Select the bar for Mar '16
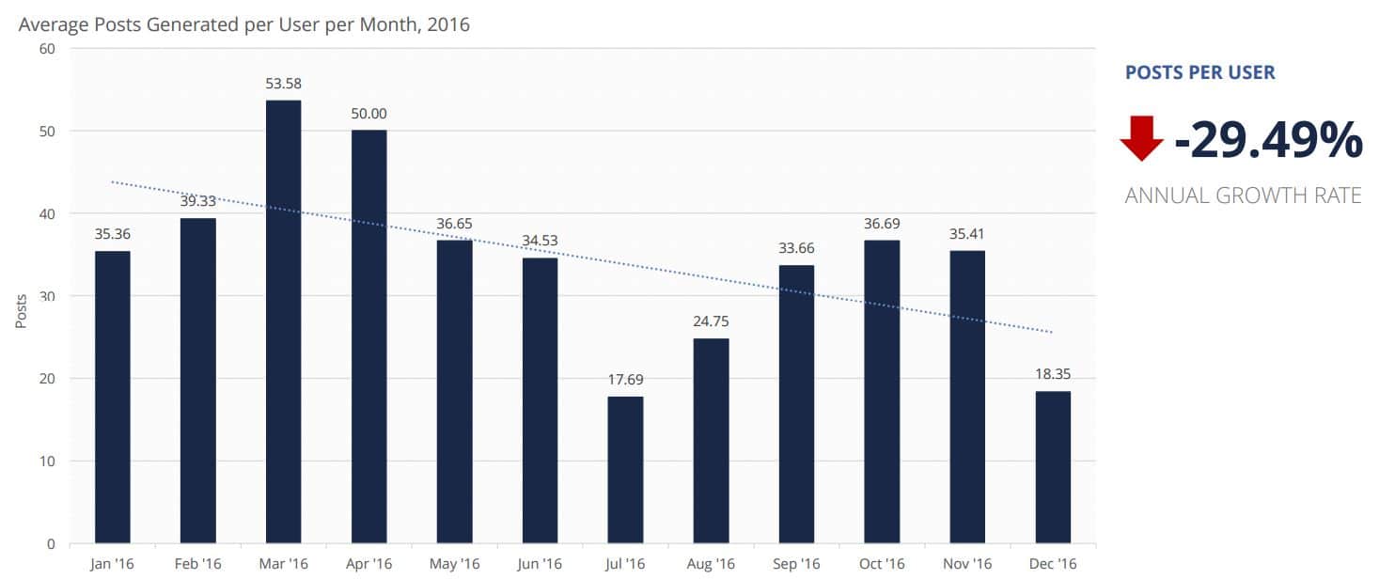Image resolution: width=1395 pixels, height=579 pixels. click(x=283, y=321)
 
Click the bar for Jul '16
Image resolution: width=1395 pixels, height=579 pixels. click(x=625, y=470)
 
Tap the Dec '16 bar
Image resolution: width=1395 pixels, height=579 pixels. click(x=1053, y=467)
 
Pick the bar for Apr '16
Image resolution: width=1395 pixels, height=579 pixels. click(x=368, y=336)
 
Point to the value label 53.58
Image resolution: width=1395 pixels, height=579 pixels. click(x=283, y=84)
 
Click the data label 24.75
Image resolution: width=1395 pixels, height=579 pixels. click(x=711, y=321)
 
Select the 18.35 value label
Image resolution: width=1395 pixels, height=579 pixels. click(x=1053, y=374)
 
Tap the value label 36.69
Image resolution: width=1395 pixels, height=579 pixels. click(x=882, y=224)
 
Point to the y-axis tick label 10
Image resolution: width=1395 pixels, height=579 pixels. click(x=47, y=462)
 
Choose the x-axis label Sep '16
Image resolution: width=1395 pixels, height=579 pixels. click(x=796, y=564)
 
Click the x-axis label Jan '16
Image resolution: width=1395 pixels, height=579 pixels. click(x=112, y=564)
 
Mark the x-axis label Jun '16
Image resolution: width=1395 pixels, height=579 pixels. click(x=540, y=564)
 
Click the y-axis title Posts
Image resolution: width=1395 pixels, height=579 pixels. click(x=21, y=309)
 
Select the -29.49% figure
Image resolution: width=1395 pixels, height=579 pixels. click(x=1268, y=141)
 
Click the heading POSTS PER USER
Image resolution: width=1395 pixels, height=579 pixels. click(x=1199, y=72)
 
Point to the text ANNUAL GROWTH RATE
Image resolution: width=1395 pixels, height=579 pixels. click(x=1243, y=196)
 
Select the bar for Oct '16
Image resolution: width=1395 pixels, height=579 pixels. click(x=882, y=392)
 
